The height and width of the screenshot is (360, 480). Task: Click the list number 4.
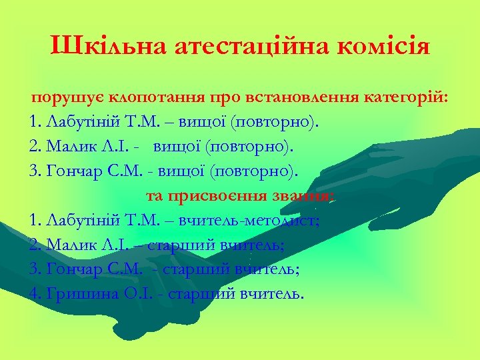coord(34,293)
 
